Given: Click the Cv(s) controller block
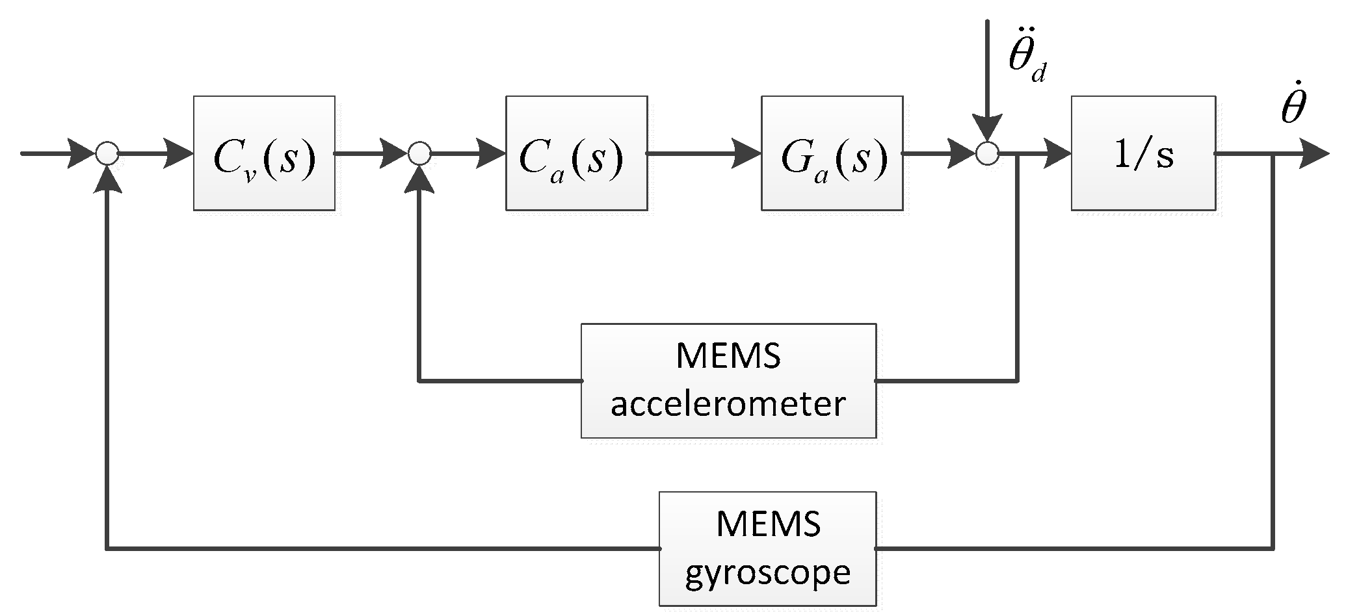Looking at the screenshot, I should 264,153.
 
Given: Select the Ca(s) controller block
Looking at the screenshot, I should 576,153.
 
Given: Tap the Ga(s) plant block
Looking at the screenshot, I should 832,153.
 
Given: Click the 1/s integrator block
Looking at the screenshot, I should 1143,153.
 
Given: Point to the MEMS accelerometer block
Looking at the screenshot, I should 728,381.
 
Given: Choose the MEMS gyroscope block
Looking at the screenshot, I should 767,549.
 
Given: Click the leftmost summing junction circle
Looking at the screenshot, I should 106,154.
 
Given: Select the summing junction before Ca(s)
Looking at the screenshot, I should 419,154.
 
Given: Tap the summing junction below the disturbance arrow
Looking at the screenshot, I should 987,154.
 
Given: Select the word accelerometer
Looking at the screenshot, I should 728,405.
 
